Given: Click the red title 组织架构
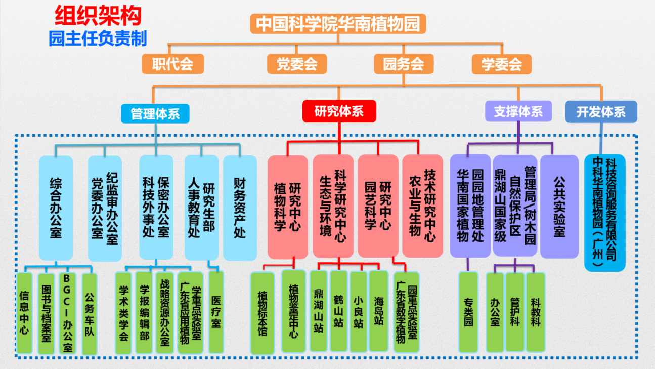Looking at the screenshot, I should coord(98,17).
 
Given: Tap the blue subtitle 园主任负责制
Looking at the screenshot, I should coord(98,38).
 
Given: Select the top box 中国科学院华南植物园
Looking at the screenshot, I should coord(338,24).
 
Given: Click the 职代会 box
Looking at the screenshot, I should coord(172,64).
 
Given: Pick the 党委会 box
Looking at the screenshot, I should coord(297,64).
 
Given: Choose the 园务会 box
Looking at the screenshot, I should coord(403,64).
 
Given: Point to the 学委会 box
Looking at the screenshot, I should coord(501,64).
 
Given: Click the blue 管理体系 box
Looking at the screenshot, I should coord(155,113).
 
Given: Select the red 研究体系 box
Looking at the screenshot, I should coord(339,111).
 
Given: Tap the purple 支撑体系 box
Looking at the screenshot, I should coord(518,111).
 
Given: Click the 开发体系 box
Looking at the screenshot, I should coord(601,111).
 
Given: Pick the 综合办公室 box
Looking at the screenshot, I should coord(56,208).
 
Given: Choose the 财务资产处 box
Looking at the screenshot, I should coord(240,208).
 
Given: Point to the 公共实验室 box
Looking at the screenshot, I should coord(559,207).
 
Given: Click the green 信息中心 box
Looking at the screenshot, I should coord(24,313).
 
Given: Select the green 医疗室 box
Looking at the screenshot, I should coord(216,312).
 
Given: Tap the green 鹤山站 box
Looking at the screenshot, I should coord(338,311).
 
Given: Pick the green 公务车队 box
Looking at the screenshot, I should coord(89,313).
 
